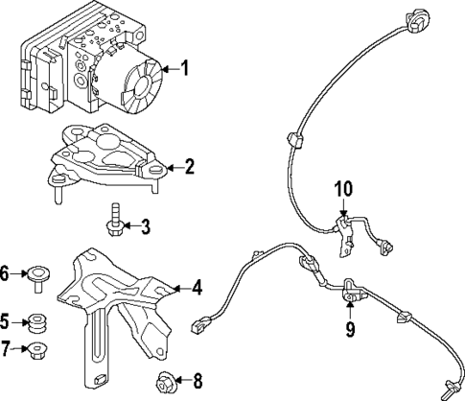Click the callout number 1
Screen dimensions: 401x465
(x=185, y=68)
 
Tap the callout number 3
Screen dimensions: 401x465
(x=145, y=227)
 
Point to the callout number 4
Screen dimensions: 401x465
(x=197, y=286)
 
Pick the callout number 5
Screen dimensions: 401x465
(x=6, y=321)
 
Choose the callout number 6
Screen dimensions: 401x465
(x=6, y=274)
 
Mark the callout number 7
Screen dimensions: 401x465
(x=6, y=347)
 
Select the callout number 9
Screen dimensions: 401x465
(x=351, y=331)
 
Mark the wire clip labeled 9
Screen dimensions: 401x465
(x=351, y=293)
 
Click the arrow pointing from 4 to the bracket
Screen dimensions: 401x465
(x=178, y=286)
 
